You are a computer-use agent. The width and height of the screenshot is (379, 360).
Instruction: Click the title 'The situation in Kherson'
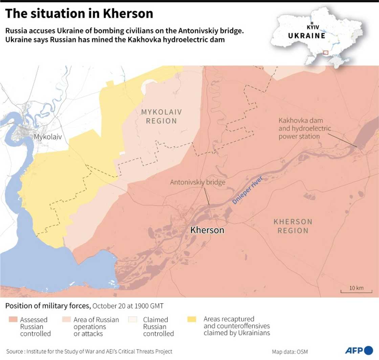(79, 14)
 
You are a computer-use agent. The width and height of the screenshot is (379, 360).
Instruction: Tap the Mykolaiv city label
(47, 137)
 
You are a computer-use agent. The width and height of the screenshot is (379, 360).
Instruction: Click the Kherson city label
(207, 230)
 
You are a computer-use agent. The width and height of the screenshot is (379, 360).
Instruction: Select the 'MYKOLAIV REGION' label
(161, 116)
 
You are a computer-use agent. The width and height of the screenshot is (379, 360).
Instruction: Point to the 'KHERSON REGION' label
(293, 226)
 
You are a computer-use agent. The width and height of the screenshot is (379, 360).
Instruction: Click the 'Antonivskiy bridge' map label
(198, 182)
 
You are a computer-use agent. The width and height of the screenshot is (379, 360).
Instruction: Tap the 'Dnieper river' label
(247, 190)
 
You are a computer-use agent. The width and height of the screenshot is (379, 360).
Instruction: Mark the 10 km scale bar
(356, 290)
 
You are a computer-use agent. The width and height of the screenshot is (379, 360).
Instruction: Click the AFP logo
(359, 350)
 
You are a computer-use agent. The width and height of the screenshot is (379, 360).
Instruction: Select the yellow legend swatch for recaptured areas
(192, 319)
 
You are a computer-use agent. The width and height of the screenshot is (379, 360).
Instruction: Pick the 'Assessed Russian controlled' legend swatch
(14, 319)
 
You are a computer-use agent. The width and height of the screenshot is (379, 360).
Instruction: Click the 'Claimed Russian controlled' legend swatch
(133, 319)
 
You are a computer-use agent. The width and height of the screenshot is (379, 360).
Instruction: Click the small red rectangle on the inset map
(326, 52)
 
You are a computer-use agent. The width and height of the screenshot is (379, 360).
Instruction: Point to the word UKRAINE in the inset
(307, 35)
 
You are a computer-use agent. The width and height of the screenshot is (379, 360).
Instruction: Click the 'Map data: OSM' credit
(290, 352)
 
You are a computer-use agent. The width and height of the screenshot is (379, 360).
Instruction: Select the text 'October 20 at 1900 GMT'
(128, 306)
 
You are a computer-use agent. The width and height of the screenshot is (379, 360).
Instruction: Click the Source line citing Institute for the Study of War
(89, 352)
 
